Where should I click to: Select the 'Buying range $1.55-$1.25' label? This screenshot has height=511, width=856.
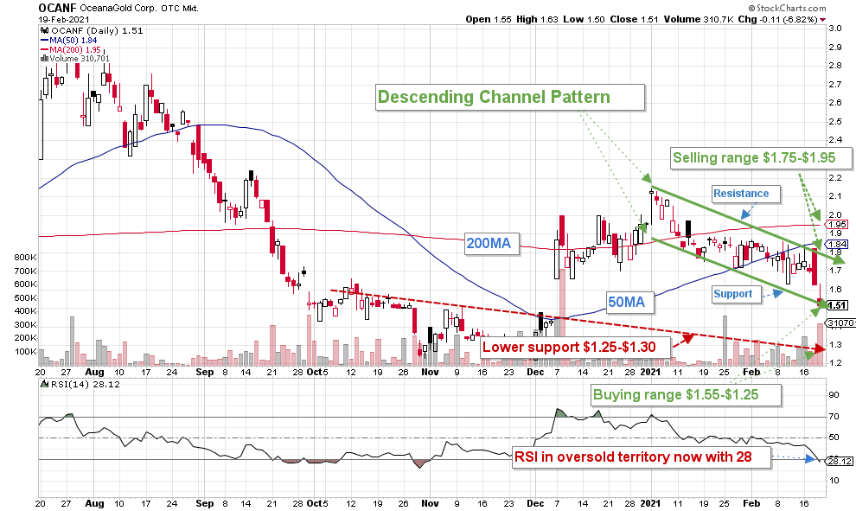click(687, 396)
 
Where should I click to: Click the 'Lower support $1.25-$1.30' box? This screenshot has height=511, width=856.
click(573, 347)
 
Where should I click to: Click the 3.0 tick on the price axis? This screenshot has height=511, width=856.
click(834, 28)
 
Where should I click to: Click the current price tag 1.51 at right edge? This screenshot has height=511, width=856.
click(837, 304)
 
